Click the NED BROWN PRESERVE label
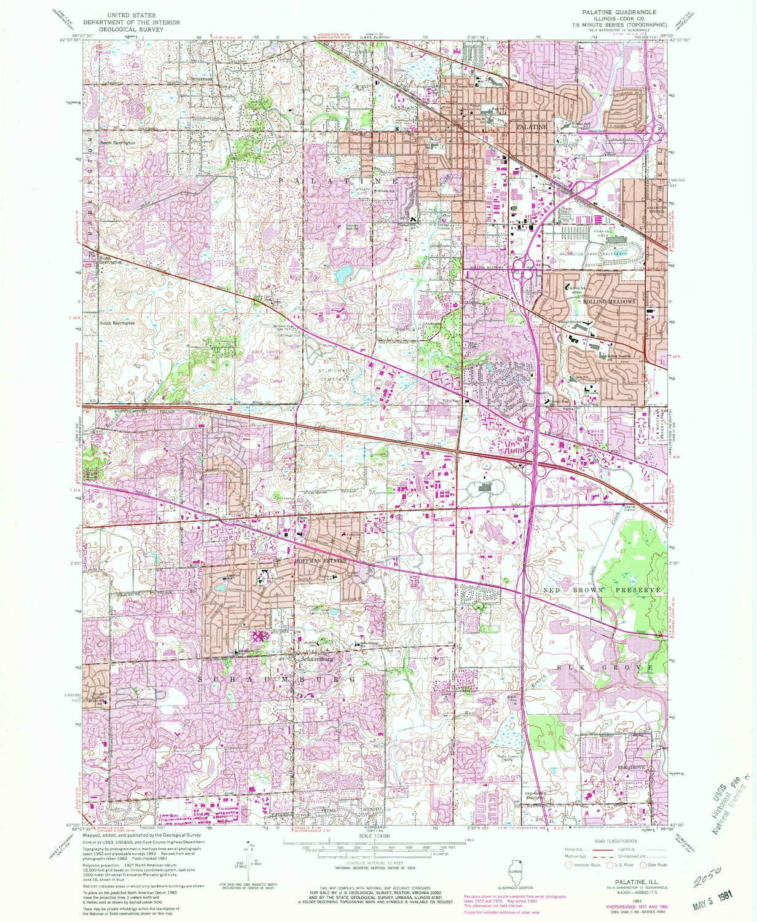(x=601, y=589)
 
